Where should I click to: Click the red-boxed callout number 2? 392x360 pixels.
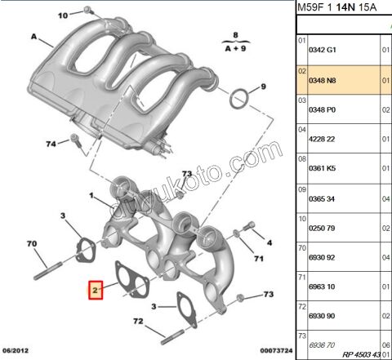point(96,289)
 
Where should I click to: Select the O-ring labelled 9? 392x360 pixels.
point(239,100)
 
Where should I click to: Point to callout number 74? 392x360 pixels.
point(51,144)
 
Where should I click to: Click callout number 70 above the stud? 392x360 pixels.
point(32,244)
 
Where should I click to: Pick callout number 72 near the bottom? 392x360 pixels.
point(138,322)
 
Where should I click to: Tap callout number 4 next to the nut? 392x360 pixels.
point(270,242)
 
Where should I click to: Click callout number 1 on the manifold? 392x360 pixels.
point(93,197)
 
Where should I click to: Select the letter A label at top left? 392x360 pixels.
point(34,37)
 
